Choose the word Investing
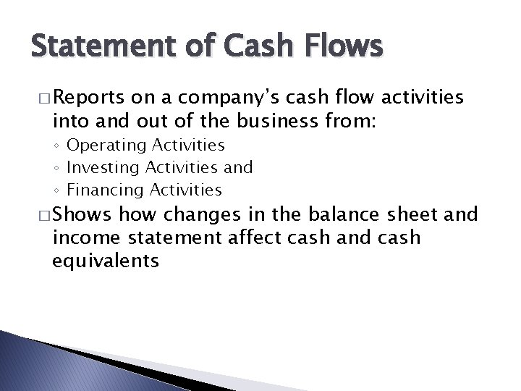tap(99, 168)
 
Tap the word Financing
tap(101, 190)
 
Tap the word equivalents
tap(106, 260)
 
